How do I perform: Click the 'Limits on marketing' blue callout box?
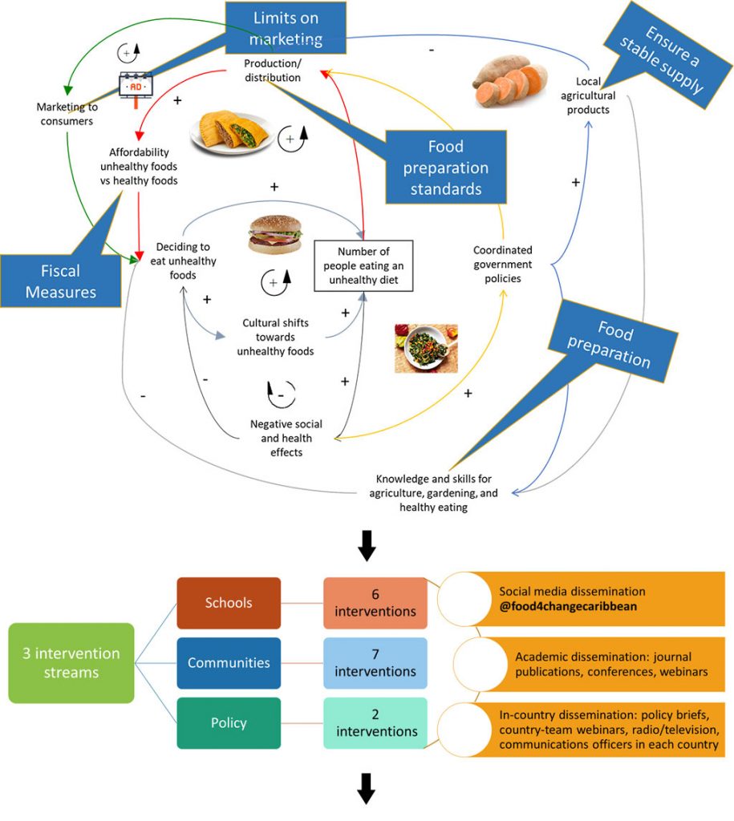click(x=286, y=28)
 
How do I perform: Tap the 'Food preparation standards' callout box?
click(x=445, y=167)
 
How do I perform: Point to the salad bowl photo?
click(x=426, y=348)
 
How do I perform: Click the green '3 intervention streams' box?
click(x=71, y=663)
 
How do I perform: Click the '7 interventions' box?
click(x=376, y=663)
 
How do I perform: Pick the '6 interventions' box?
click(x=376, y=603)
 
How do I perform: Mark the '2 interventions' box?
click(x=376, y=722)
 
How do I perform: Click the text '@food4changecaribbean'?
click(x=568, y=607)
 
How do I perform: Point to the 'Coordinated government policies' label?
click(x=502, y=264)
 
